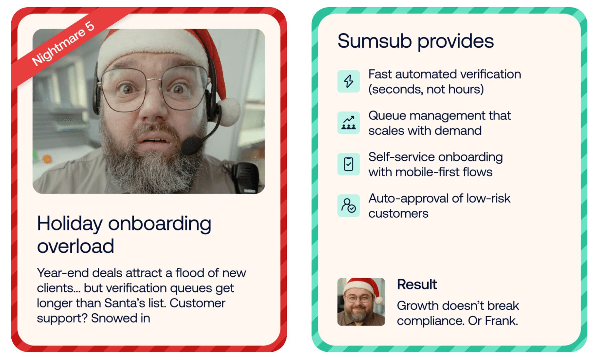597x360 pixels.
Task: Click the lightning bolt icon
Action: click(x=349, y=81)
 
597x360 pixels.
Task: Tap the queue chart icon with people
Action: click(x=349, y=123)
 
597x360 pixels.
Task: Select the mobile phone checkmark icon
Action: click(x=349, y=164)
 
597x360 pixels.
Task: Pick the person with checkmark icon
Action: click(x=349, y=206)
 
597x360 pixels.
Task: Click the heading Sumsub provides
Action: click(x=415, y=41)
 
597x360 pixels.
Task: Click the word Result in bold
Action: click(x=417, y=284)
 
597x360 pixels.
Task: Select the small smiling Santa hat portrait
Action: click(x=361, y=302)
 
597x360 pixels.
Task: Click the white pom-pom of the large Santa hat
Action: click(x=229, y=111)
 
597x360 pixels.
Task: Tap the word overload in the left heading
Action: click(x=75, y=246)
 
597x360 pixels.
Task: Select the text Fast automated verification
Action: click(x=445, y=74)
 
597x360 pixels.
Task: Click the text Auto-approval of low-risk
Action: click(x=440, y=198)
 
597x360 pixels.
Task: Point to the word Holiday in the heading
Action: click(x=70, y=224)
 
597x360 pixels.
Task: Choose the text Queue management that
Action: click(x=440, y=116)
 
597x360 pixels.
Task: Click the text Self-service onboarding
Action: click(x=436, y=157)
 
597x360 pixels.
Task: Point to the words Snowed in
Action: click(x=120, y=318)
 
